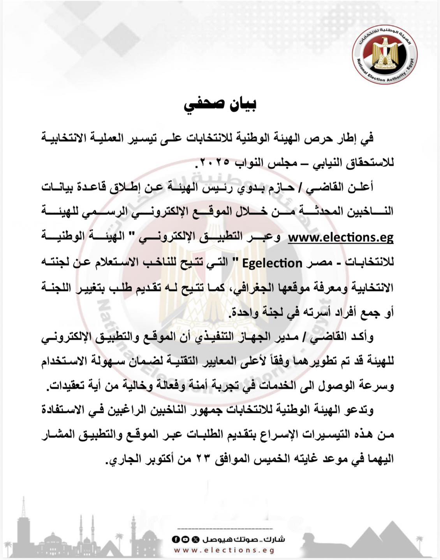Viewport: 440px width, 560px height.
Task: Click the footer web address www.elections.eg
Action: click(x=224, y=550)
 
